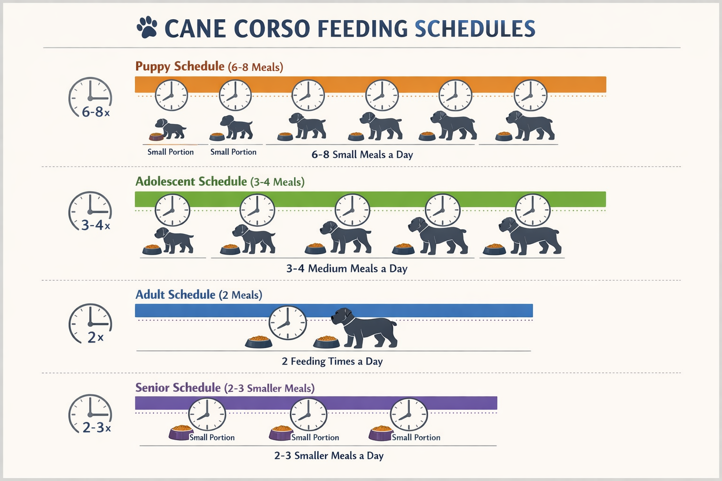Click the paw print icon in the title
coord(147,28)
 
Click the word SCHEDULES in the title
coord(475,29)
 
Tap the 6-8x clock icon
coord(90,98)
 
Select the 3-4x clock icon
coord(90,211)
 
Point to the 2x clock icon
coord(90,324)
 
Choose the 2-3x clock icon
coord(90,414)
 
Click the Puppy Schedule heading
coord(180,66)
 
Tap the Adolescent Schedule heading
coord(191,181)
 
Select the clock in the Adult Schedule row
coord(287,323)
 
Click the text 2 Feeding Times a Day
coord(332,361)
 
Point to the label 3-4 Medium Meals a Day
coord(346,269)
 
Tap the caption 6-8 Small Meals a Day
coord(362,155)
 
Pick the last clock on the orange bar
coord(530,95)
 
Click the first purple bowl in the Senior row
coord(181,433)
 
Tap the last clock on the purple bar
coord(408,415)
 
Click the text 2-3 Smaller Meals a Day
coord(329,456)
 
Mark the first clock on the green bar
coord(173,210)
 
